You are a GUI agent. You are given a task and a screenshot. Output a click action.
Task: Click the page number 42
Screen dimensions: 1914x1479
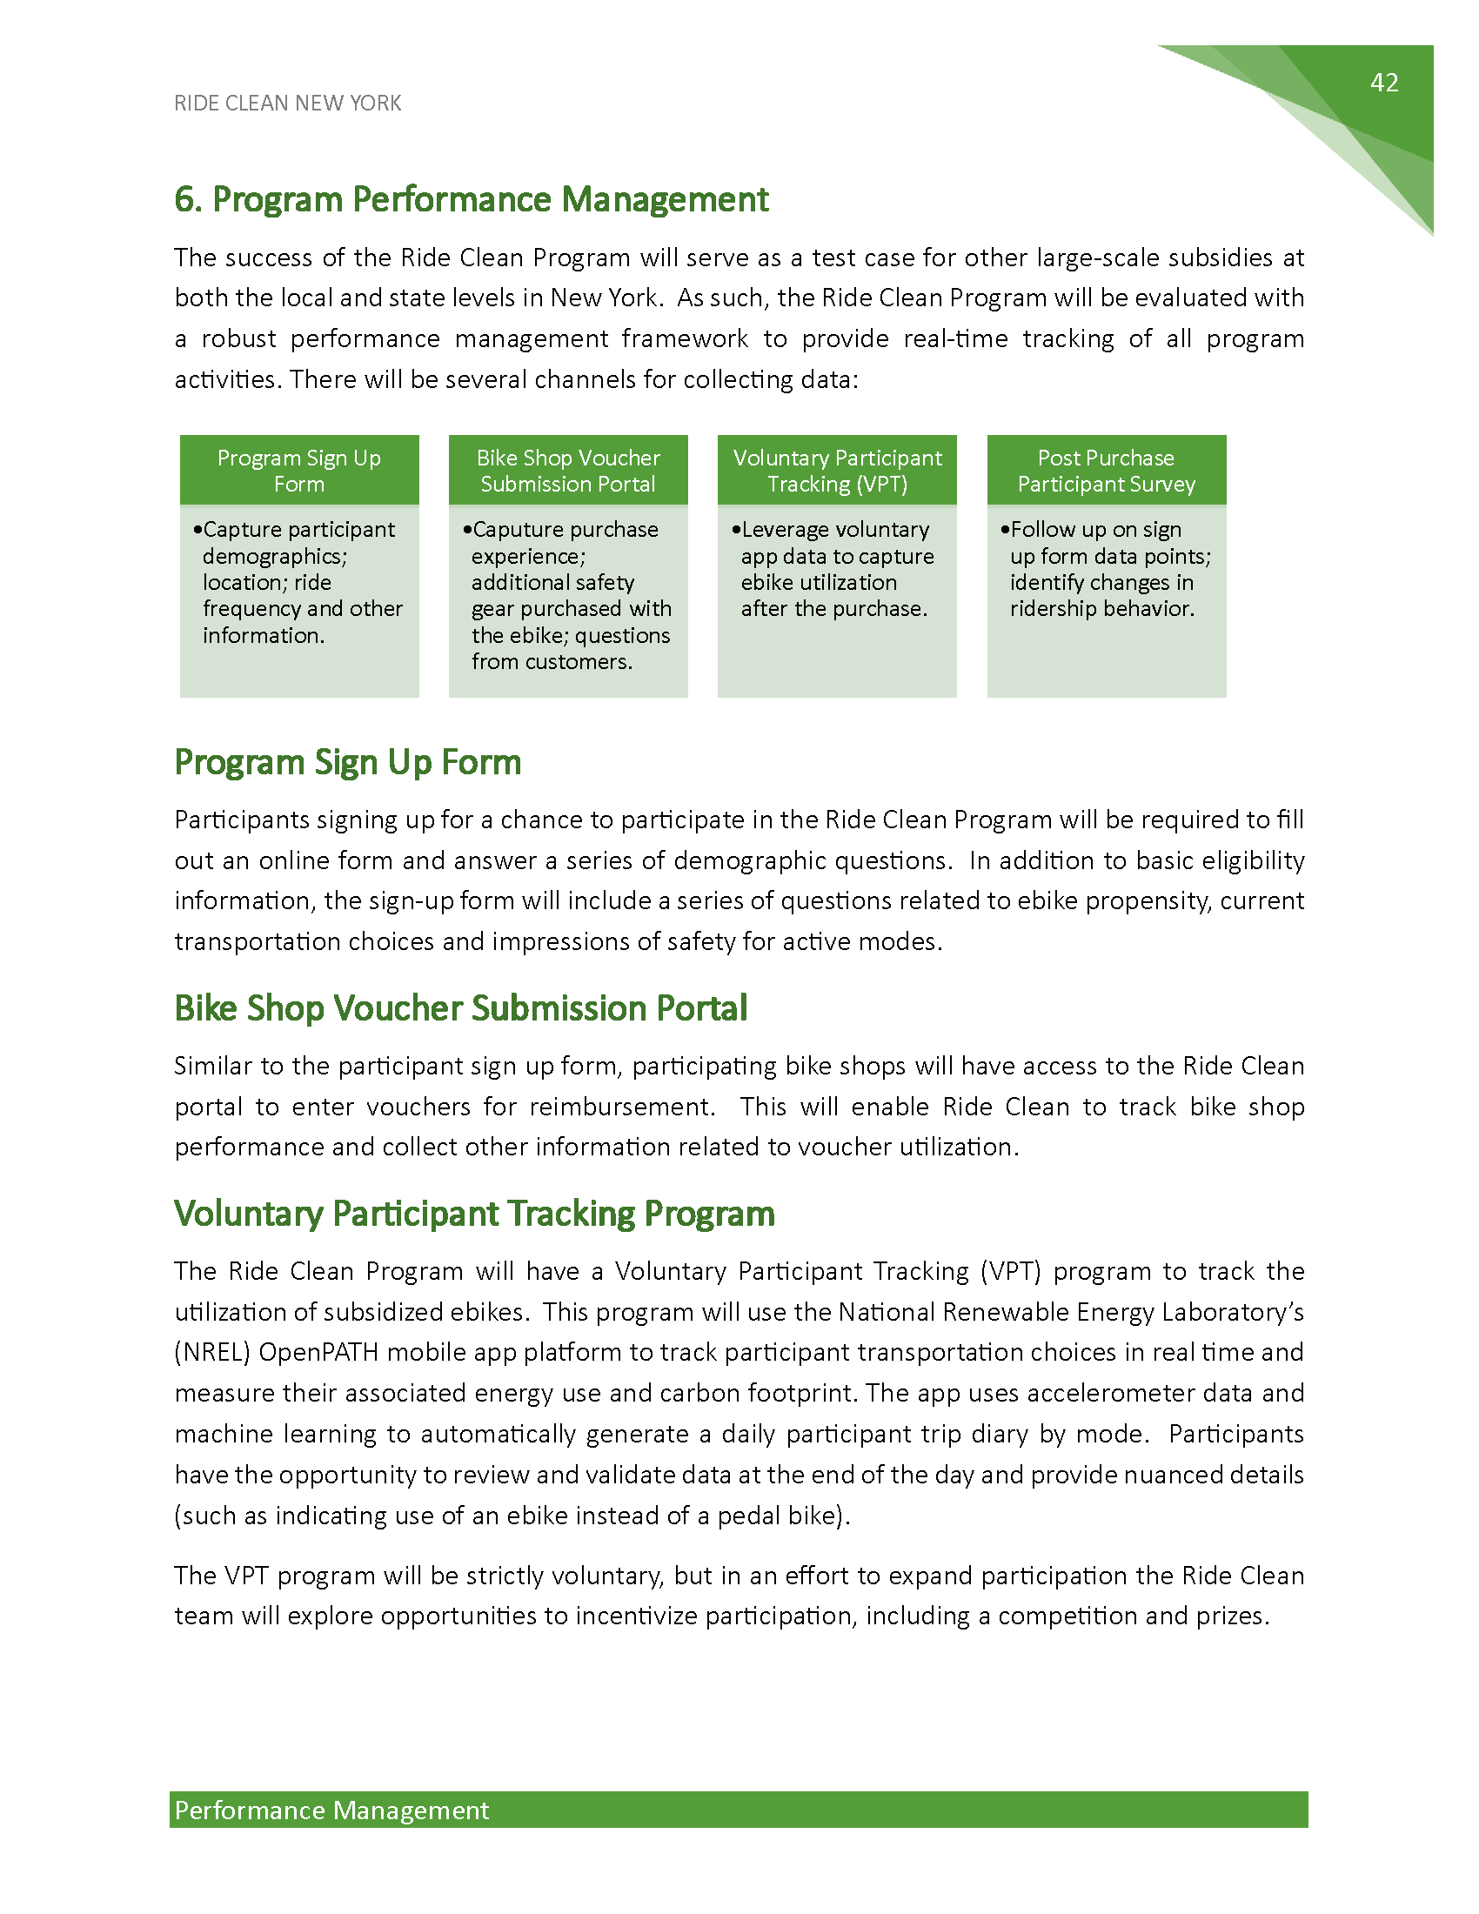click(x=1383, y=83)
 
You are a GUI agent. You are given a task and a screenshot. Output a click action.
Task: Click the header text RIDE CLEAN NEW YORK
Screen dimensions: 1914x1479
click(x=287, y=104)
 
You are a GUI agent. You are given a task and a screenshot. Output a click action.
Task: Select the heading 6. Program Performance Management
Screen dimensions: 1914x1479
click(x=472, y=200)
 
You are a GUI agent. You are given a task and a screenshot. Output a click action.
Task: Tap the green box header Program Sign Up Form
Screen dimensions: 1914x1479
click(x=298, y=471)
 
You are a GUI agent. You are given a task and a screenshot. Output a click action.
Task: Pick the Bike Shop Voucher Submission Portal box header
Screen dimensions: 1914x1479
click(x=568, y=471)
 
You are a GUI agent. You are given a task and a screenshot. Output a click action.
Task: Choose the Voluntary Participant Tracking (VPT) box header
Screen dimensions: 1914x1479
click(x=837, y=471)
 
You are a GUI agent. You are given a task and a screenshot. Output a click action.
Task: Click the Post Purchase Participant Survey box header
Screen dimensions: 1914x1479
click(x=1106, y=471)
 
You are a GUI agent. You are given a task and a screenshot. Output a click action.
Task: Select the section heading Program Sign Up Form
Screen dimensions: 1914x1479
click(x=348, y=762)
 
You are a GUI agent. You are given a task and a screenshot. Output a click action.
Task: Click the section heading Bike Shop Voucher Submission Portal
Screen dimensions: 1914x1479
click(x=461, y=1008)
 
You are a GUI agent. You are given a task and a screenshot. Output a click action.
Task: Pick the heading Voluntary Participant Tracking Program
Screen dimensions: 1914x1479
click(x=474, y=1214)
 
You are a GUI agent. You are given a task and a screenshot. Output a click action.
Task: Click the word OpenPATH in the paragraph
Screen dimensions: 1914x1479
click(x=319, y=1352)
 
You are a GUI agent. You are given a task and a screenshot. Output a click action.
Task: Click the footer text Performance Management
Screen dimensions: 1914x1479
click(x=331, y=1810)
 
